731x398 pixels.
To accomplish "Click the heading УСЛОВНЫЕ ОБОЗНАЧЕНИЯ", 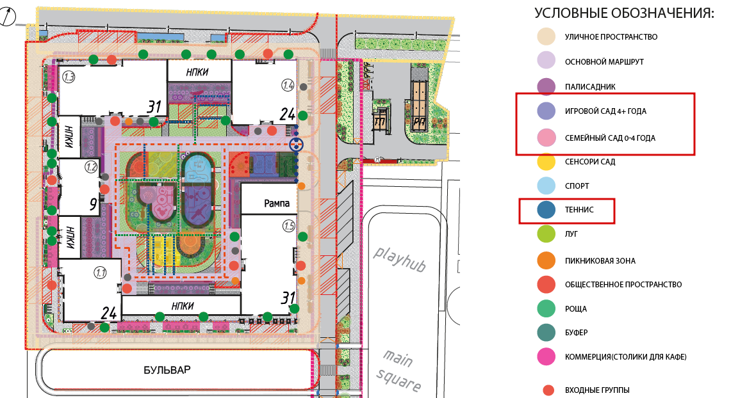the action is pyautogui.click(x=624, y=13).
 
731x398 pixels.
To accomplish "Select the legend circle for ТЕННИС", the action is pyautogui.click(x=546, y=209).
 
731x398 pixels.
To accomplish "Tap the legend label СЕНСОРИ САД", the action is pyautogui.click(x=590, y=162).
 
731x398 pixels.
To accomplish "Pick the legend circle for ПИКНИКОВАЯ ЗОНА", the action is pyautogui.click(x=546, y=260).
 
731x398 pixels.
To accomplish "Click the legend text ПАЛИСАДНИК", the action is pyautogui.click(x=590, y=86).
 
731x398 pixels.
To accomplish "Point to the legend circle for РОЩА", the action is pyautogui.click(x=546, y=308).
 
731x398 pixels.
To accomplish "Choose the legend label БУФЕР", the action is pyautogui.click(x=576, y=332).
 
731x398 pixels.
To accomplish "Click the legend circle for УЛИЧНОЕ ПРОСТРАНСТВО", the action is pyautogui.click(x=546, y=36).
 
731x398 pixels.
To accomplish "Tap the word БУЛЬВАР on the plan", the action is pyautogui.click(x=167, y=370).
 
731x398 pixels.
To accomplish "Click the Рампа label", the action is pyautogui.click(x=277, y=203).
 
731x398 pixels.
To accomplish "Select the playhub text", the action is pyautogui.click(x=400, y=259).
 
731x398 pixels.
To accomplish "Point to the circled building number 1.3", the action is pyautogui.click(x=69, y=77).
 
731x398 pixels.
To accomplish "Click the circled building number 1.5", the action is pyautogui.click(x=289, y=227).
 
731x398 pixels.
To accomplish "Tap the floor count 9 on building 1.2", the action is pyautogui.click(x=94, y=204).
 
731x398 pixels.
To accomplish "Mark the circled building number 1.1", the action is pyautogui.click(x=101, y=273).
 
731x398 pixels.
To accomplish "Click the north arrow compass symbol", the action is pyautogui.click(x=7, y=18).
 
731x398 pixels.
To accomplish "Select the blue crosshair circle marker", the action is pyautogui.click(x=296, y=145).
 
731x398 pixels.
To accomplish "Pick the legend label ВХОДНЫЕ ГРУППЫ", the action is pyautogui.click(x=597, y=390).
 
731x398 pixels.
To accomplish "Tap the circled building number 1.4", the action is pyautogui.click(x=288, y=85).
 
